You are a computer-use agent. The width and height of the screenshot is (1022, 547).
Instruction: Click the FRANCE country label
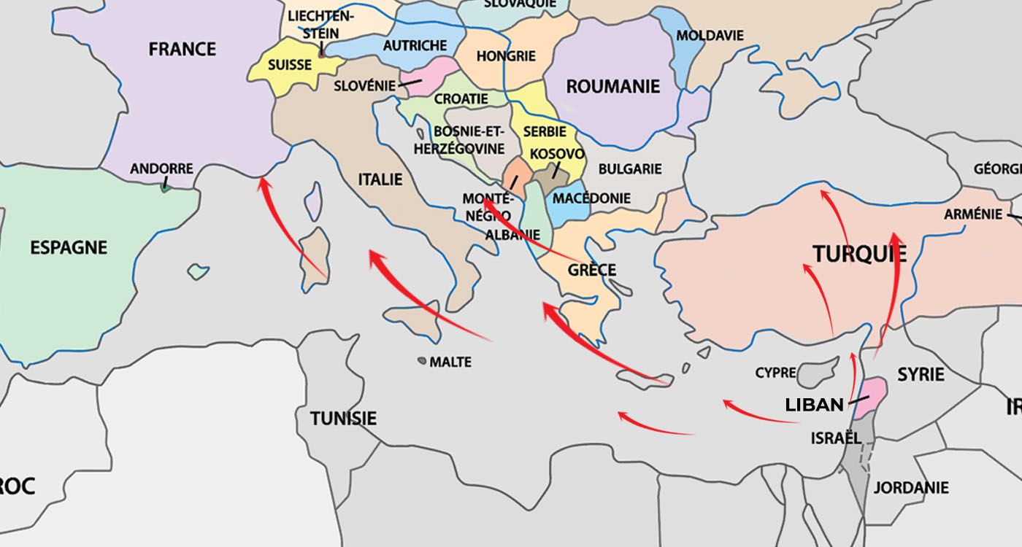(182, 50)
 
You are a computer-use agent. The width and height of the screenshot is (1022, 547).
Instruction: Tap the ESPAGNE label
(69, 248)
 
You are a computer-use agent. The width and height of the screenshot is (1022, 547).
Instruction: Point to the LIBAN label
(814, 404)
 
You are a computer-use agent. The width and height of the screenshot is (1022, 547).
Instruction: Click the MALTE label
(450, 362)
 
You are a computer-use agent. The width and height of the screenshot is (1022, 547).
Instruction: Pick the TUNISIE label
(343, 419)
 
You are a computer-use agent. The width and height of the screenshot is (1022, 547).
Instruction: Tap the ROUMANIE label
(612, 87)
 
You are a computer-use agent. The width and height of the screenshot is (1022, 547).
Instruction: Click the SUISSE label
(290, 65)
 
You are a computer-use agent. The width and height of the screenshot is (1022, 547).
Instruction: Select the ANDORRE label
(161, 169)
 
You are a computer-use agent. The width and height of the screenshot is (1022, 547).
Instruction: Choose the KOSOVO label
(557, 155)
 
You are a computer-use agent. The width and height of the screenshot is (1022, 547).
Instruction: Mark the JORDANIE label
(911, 487)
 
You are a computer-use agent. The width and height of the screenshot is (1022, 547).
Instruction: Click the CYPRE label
(775, 373)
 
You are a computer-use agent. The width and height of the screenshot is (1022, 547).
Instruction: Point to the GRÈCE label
(592, 270)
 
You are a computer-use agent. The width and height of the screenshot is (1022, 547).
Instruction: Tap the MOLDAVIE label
(710, 35)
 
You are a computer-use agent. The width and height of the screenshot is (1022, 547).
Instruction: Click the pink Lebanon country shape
(873, 398)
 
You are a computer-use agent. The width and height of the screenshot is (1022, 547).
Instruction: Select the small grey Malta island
(422, 360)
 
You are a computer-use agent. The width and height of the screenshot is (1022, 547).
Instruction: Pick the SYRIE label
(921, 375)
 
